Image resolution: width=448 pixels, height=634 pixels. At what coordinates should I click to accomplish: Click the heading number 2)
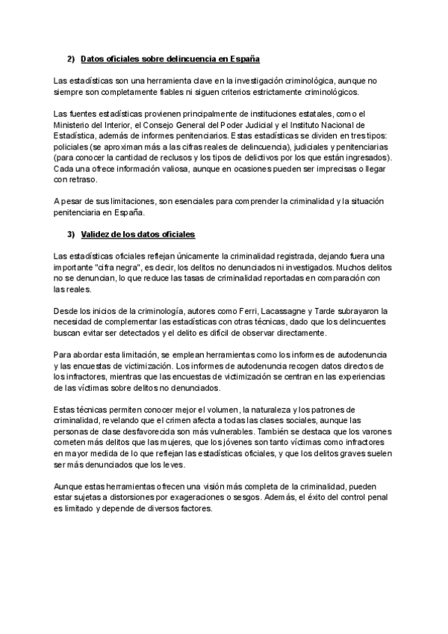coord(71,58)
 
